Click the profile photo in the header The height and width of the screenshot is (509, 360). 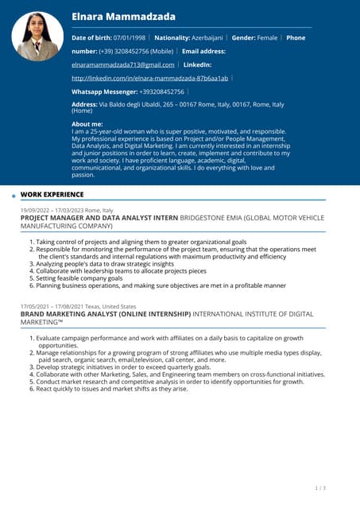(x=37, y=37)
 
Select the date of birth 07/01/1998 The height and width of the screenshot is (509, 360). (x=130, y=37)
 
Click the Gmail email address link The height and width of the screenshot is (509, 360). (x=122, y=64)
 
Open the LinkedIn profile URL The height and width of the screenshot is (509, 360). (x=149, y=78)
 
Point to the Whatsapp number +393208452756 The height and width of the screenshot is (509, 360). (x=161, y=91)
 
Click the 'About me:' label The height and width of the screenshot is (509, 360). (x=87, y=124)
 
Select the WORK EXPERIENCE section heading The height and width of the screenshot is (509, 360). (x=52, y=194)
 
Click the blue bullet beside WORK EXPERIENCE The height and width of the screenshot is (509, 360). (x=14, y=195)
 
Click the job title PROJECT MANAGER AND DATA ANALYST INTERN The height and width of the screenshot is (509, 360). (x=99, y=217)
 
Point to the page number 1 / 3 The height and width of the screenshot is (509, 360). (x=320, y=488)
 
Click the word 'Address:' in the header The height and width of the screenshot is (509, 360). (x=84, y=104)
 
